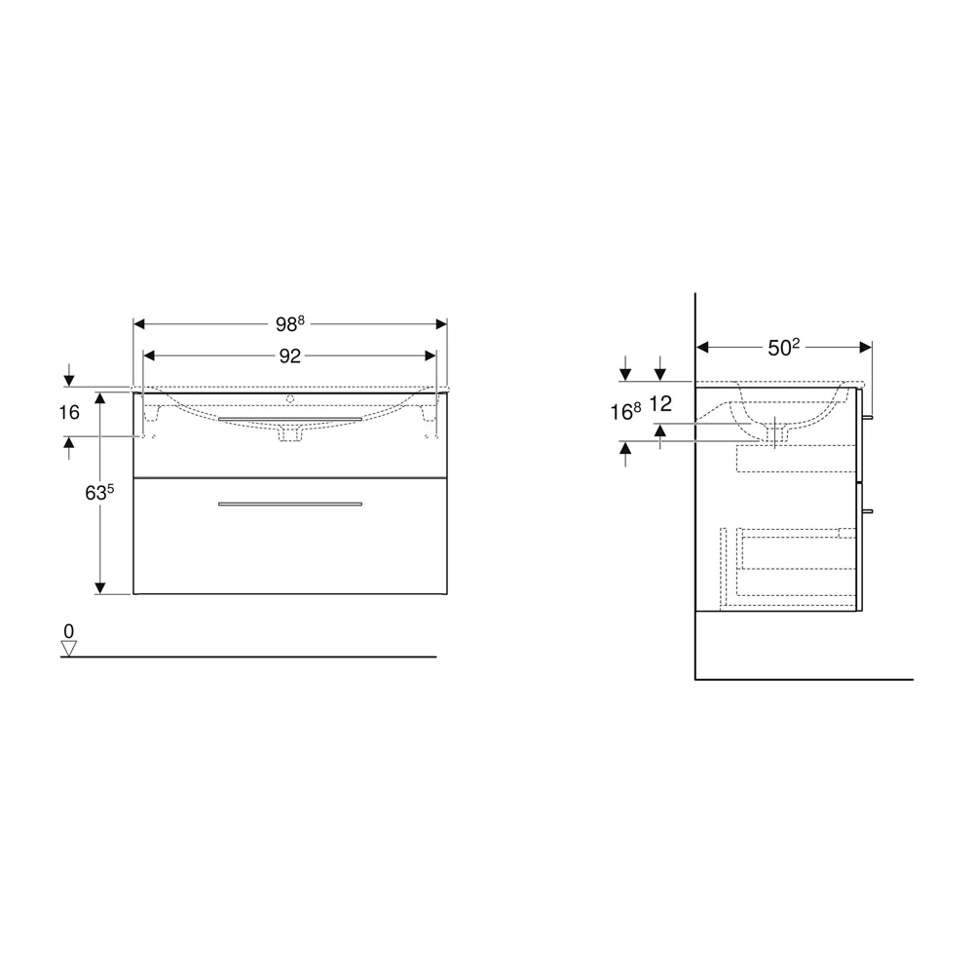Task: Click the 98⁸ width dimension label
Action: click(290, 323)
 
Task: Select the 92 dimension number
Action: click(290, 356)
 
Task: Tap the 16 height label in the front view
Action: click(69, 412)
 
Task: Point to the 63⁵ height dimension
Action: click(99, 492)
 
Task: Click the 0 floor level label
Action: click(68, 631)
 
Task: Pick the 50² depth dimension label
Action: click(783, 348)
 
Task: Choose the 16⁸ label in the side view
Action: click(625, 411)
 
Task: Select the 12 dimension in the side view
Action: click(660, 404)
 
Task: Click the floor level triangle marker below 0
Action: click(68, 649)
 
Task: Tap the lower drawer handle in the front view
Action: click(290, 504)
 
